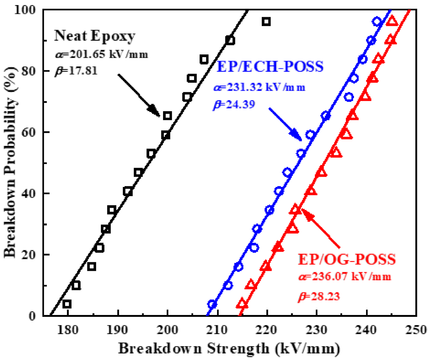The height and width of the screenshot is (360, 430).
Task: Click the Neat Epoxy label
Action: tap(95, 36)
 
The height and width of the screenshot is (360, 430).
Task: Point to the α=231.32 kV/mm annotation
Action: tap(259, 88)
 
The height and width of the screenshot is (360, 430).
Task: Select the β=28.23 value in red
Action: tap(318, 296)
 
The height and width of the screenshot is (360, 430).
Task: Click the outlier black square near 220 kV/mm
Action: tap(267, 22)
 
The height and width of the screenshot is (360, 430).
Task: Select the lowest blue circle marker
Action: tap(212, 304)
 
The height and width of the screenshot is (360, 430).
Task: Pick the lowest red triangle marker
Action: tap(242, 304)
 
